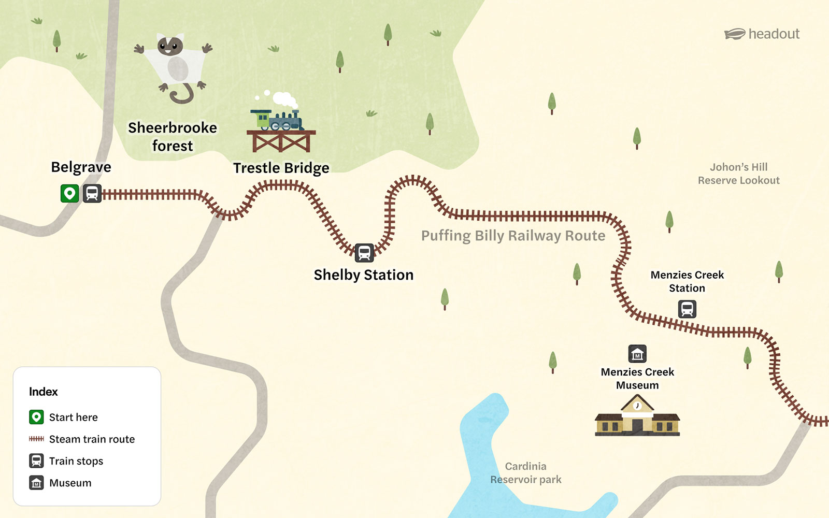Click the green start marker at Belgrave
[x=69, y=194]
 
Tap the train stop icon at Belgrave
[x=92, y=194]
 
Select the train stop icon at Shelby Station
[x=364, y=253]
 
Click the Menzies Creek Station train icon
[x=687, y=309]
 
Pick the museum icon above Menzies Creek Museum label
[x=637, y=354]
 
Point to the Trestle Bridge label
[x=281, y=168]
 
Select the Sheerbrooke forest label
[x=173, y=137]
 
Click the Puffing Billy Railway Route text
[x=513, y=236]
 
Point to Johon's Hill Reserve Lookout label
[x=738, y=174]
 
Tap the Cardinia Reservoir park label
[x=526, y=473]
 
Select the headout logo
[x=762, y=34]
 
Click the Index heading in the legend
[x=44, y=392]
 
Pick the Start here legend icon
[x=36, y=417]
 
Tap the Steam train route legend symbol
[x=36, y=439]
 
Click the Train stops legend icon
[x=36, y=461]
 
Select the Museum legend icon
[x=36, y=483]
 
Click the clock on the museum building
[x=637, y=406]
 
